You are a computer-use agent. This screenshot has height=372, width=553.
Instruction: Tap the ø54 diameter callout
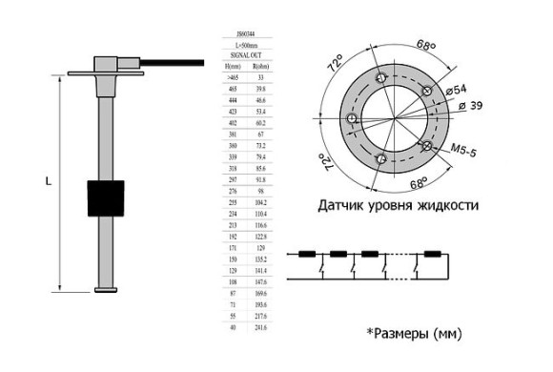pos(455,88)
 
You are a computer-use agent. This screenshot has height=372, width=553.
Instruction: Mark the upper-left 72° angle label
pos(337,65)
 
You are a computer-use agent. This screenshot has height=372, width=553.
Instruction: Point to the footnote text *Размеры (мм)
pos(416,334)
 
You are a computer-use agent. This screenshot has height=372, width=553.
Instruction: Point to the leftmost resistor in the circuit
pos(308,255)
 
